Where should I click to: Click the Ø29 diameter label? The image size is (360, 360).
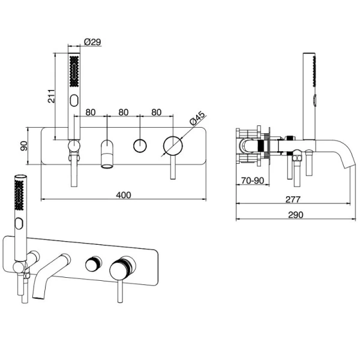[92, 42]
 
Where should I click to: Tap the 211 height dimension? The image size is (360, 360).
[51, 96]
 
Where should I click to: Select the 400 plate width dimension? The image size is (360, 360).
[124, 195]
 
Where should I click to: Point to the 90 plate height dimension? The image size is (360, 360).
[24, 146]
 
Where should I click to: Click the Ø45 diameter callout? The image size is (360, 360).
[197, 118]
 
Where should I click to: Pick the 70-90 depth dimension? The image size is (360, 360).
[253, 181]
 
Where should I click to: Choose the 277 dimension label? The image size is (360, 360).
[293, 199]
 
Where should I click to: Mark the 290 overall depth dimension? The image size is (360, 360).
[296, 215]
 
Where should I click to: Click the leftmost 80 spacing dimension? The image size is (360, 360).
[91, 112]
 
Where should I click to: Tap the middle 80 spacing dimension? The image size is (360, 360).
[123, 112]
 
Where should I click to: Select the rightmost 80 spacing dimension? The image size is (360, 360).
[157, 112]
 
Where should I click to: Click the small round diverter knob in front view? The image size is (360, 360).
[140, 146]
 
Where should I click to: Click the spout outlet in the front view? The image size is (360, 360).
[107, 166]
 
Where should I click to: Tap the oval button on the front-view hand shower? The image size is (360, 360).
[74, 101]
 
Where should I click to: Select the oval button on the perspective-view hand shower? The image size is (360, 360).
[19, 224]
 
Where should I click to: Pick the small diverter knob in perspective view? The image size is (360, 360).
[94, 264]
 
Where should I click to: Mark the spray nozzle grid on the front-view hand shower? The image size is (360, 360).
[74, 71]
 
